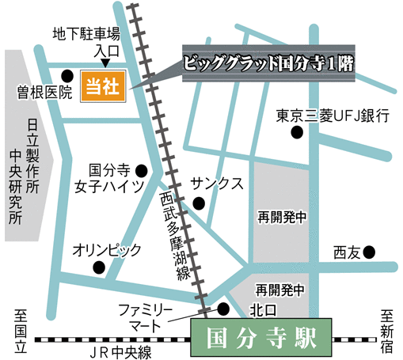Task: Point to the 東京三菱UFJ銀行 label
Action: pos(333,116)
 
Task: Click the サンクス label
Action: pos(216,183)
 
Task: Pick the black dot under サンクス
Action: pos(198,204)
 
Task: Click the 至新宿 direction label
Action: pos(387,332)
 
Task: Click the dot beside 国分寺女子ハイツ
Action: pos(142,169)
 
